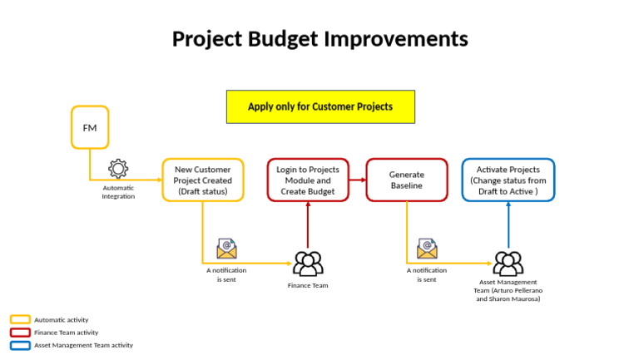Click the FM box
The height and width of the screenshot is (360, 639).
click(90, 127)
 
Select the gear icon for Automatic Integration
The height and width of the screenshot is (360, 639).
click(118, 170)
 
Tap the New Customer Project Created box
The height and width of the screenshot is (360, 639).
click(203, 180)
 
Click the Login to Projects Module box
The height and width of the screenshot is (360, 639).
click(308, 180)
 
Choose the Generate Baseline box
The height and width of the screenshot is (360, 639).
click(407, 180)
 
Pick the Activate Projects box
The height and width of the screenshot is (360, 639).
click(508, 180)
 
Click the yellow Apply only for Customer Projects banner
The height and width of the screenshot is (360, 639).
click(320, 106)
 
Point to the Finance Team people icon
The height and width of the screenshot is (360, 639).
click(308, 264)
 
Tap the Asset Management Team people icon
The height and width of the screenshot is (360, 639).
click(508, 264)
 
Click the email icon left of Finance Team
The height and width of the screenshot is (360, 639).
click(226, 249)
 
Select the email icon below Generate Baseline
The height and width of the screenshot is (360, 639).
click(427, 249)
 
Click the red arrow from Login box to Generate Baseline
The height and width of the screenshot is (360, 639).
click(358, 180)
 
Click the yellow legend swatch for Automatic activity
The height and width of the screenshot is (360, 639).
click(20, 319)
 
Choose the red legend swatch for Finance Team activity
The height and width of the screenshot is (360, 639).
click(20, 332)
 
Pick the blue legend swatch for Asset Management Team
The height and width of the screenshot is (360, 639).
click(20, 344)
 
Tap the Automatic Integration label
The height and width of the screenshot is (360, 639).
click(118, 192)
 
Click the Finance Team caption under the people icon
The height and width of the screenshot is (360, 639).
click(308, 285)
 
